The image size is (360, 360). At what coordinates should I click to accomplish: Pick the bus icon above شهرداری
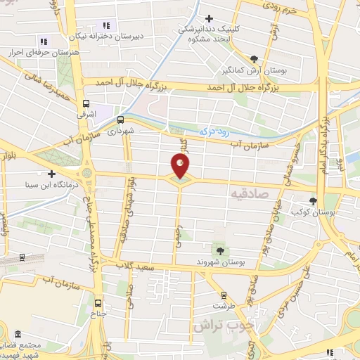coord(120,119)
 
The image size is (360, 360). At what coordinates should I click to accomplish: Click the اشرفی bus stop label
coord(86,112)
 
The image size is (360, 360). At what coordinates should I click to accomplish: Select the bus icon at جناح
coord(97,304)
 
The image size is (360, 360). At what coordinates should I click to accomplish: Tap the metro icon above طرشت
coord(224,295)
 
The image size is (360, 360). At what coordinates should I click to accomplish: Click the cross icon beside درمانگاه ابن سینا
coord(51,173)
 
